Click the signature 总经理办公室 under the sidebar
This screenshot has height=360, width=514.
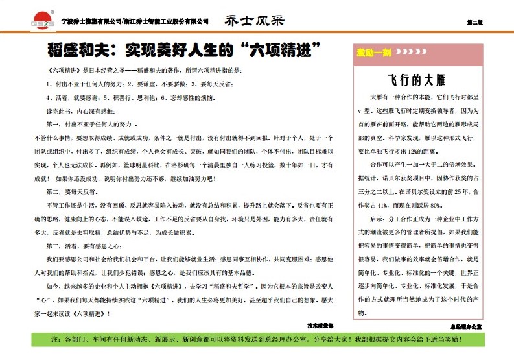point(465,326)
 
